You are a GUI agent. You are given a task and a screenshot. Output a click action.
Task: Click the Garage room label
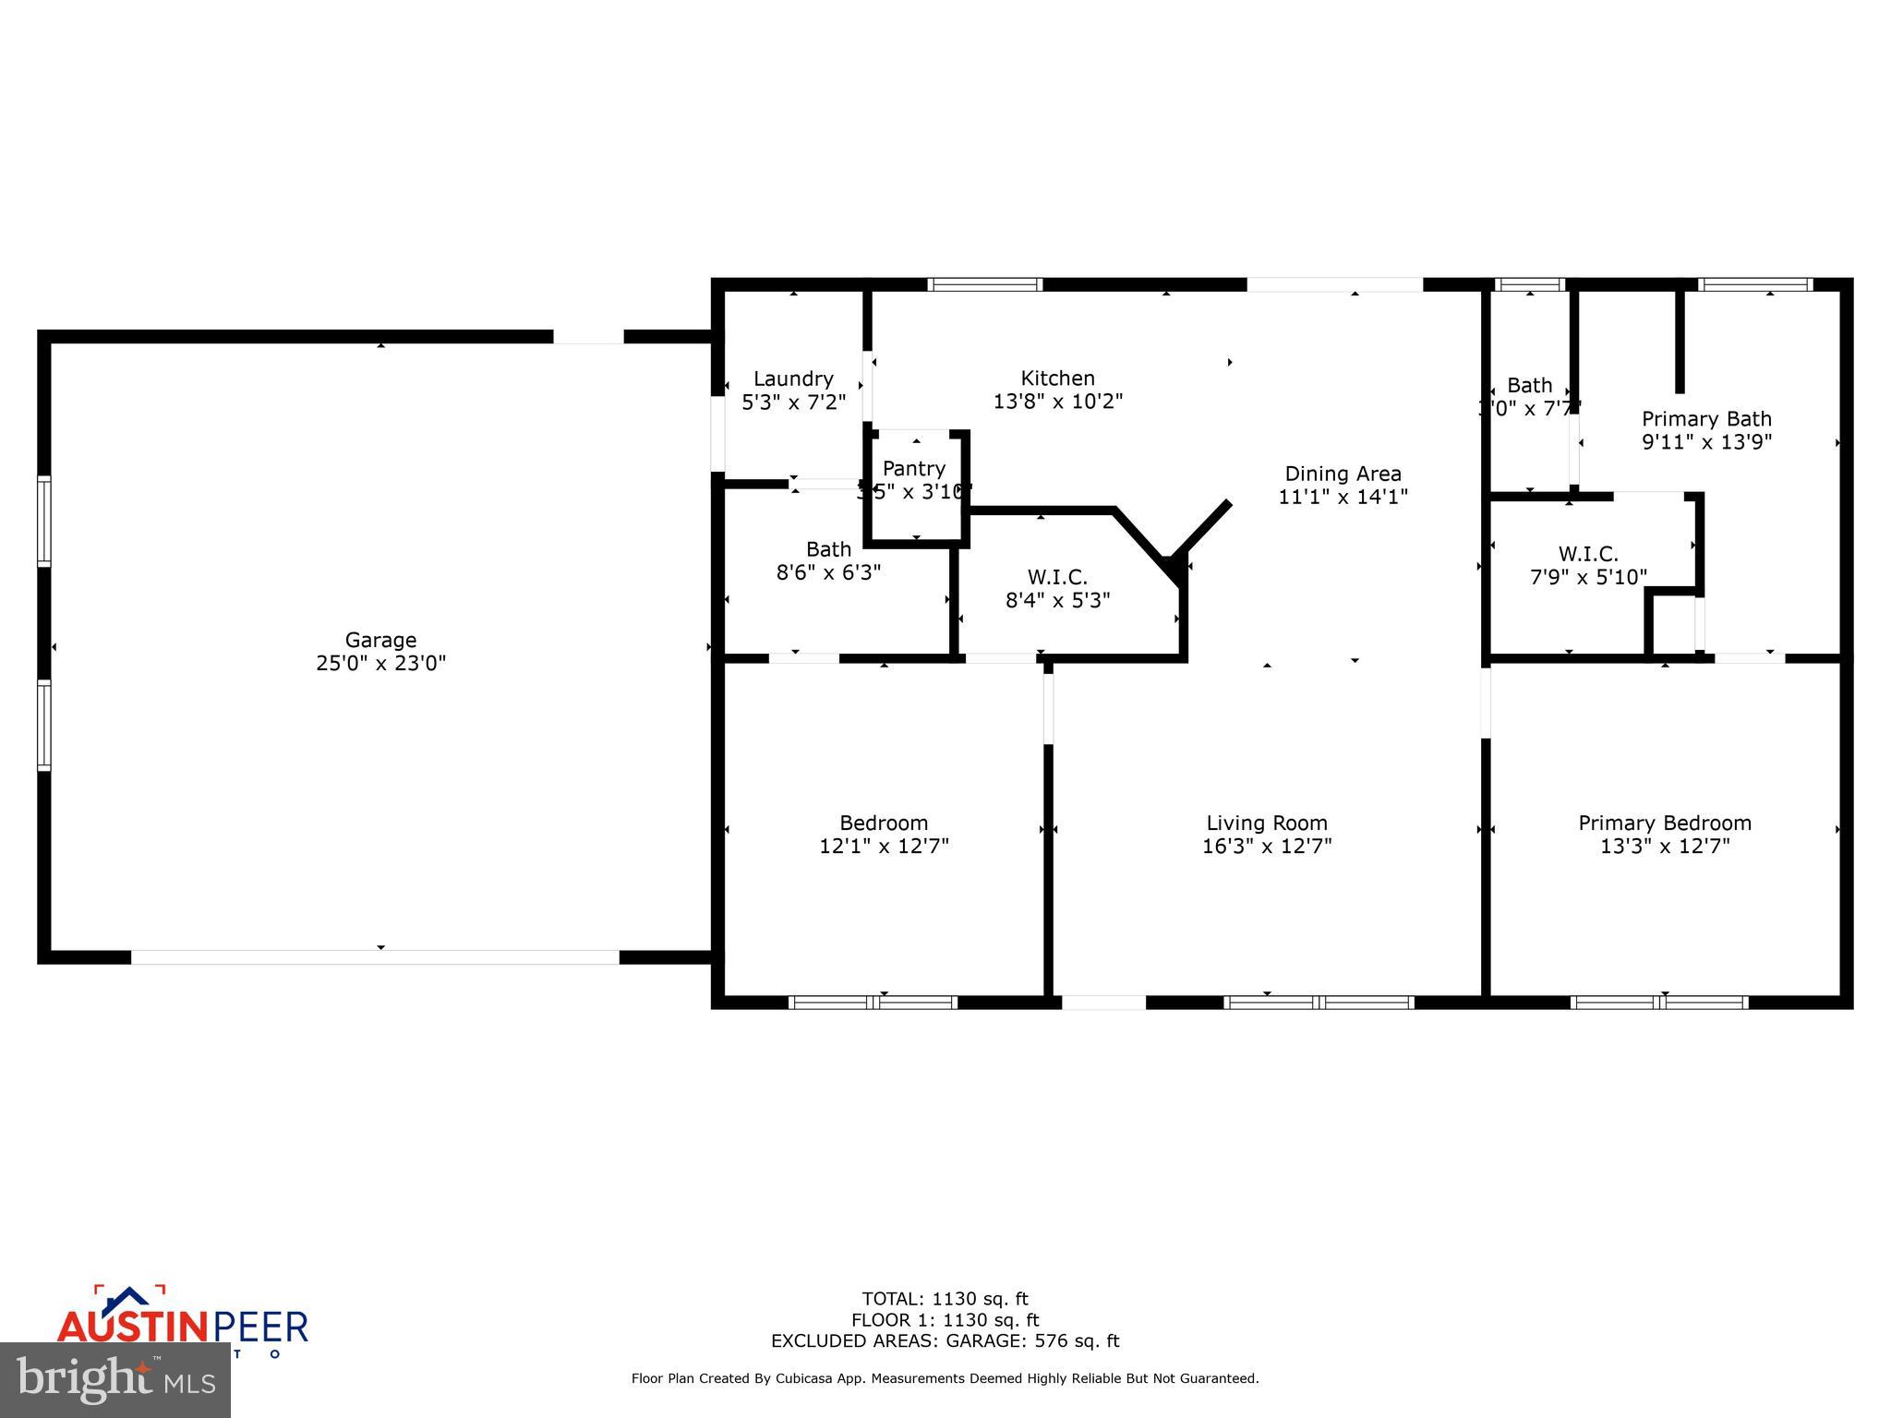(x=380, y=640)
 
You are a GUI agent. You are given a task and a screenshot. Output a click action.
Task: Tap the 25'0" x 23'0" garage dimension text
(x=380, y=663)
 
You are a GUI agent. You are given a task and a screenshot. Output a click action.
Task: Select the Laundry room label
(x=793, y=379)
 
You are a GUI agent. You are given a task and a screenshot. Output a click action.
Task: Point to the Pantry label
(x=914, y=468)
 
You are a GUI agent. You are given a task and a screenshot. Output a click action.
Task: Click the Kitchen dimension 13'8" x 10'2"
(x=1058, y=402)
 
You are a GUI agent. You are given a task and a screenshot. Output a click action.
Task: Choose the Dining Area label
(x=1343, y=474)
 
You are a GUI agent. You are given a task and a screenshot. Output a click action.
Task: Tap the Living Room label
(x=1267, y=823)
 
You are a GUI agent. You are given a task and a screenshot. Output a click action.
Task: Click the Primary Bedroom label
(x=1665, y=823)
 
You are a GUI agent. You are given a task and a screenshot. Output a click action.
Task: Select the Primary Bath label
(x=1706, y=418)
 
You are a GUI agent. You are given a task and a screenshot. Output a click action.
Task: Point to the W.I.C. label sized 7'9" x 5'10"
(x=1588, y=554)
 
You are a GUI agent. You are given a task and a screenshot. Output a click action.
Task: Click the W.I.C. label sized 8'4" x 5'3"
(x=1057, y=577)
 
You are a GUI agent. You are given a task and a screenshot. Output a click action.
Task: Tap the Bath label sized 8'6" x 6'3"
(x=828, y=549)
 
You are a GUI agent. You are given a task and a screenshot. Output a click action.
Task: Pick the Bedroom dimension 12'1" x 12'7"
(x=884, y=846)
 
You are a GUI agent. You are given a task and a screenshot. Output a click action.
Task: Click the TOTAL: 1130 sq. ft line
(x=945, y=1299)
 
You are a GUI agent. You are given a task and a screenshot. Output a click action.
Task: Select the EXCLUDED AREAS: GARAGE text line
(x=945, y=1341)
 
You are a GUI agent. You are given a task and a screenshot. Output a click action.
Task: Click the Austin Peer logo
(x=182, y=1322)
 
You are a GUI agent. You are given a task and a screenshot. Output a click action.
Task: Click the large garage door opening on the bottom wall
(x=375, y=957)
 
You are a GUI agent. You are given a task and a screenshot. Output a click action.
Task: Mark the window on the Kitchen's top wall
(x=984, y=284)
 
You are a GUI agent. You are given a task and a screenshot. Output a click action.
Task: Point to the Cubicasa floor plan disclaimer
(x=945, y=1378)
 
